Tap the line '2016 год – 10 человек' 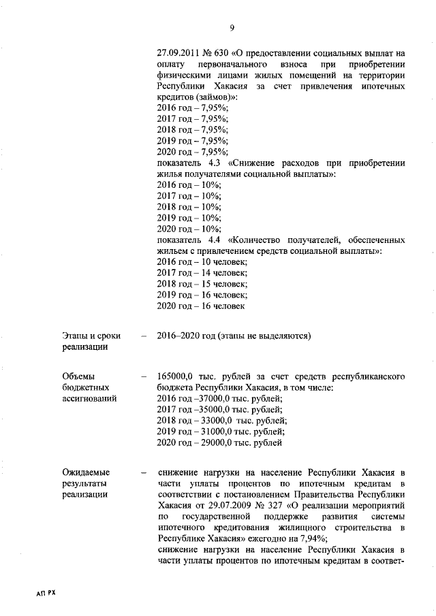tap(202, 262)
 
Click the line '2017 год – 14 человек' tap(202, 273)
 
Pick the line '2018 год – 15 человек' tap(202, 284)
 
